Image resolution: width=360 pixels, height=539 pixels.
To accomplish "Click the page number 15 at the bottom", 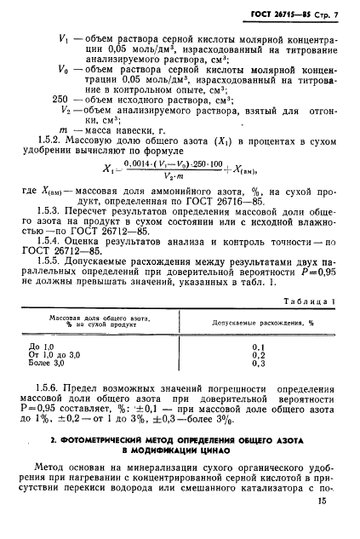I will tap(320, 502).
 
